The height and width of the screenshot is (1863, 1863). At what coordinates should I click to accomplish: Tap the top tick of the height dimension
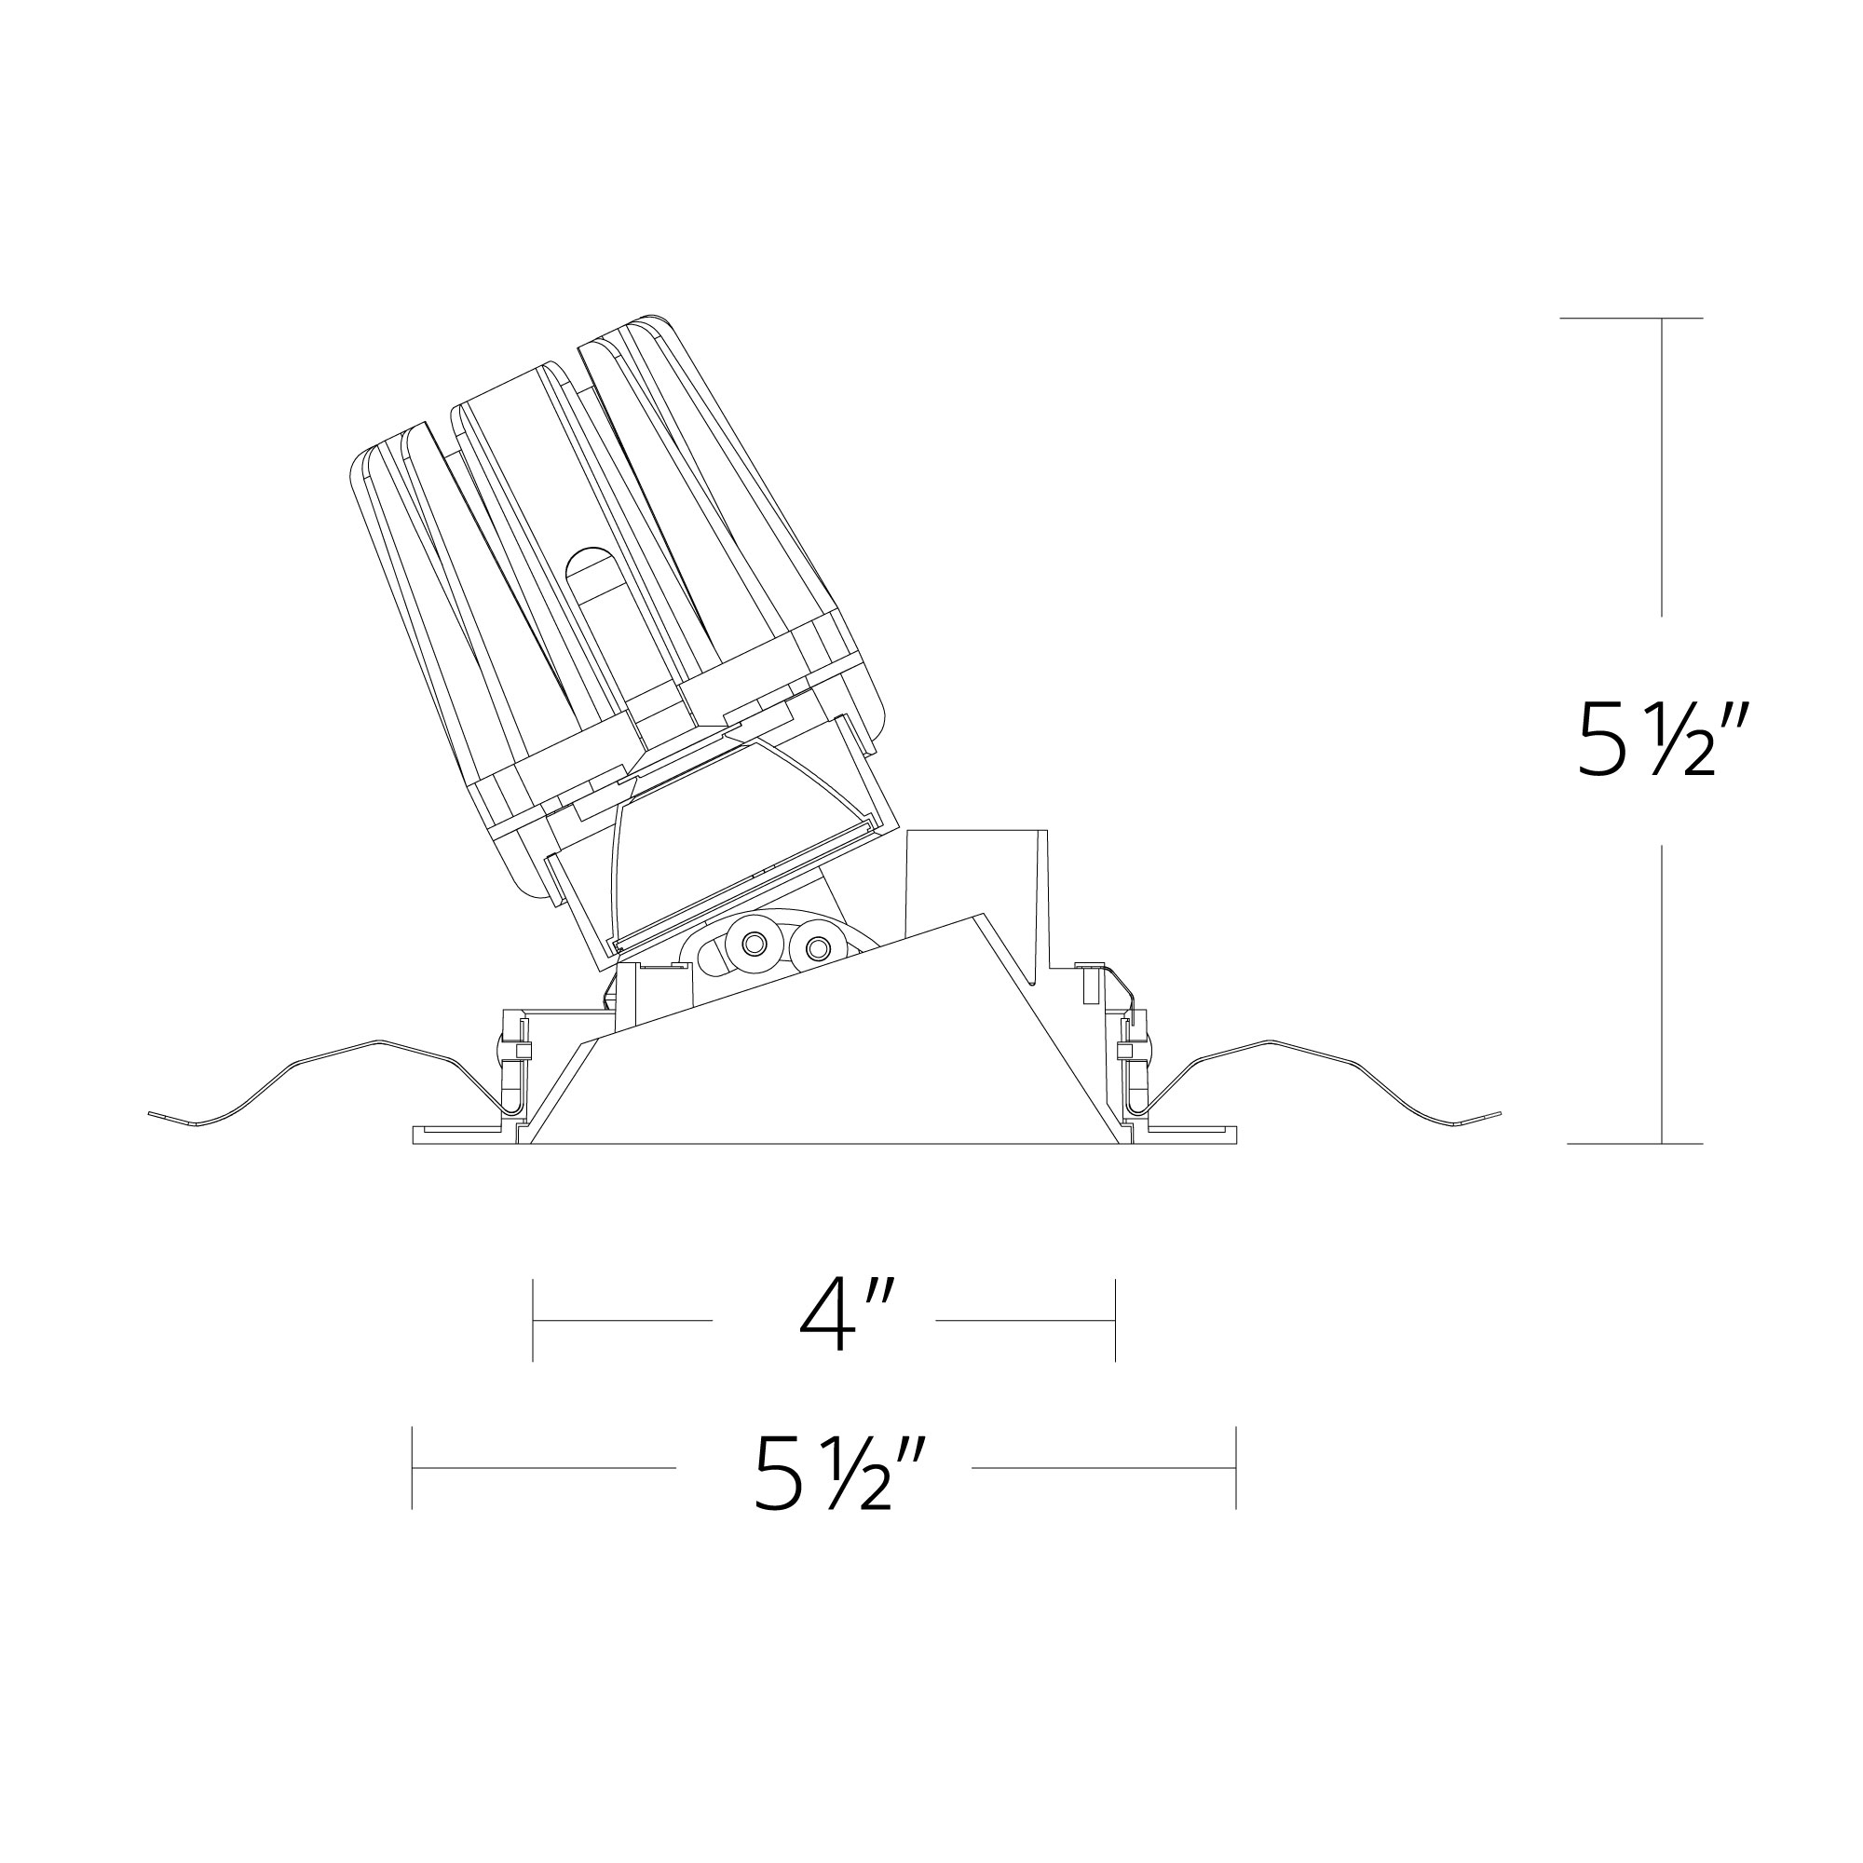[x=1661, y=319]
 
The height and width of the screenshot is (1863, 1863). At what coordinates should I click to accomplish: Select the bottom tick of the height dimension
[x=1661, y=1144]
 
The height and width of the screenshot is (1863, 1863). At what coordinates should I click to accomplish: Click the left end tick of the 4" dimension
[x=533, y=1319]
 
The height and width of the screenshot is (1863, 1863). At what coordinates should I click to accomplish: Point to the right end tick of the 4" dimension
[x=1116, y=1319]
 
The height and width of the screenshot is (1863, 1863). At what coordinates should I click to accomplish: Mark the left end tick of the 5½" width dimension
[x=413, y=1468]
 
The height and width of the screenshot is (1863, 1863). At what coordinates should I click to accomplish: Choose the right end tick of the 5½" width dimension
[x=1235, y=1468]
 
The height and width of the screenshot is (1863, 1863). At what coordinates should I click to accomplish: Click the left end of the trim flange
[x=416, y=1135]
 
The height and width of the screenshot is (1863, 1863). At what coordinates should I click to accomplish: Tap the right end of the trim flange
[x=1232, y=1135]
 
